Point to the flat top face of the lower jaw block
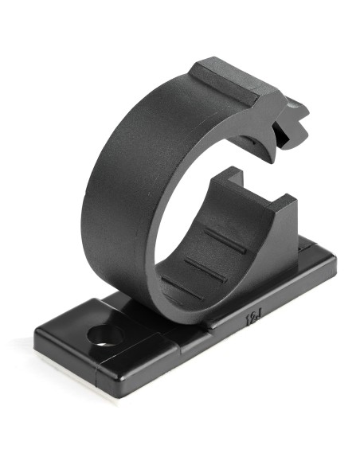point(263,187)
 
